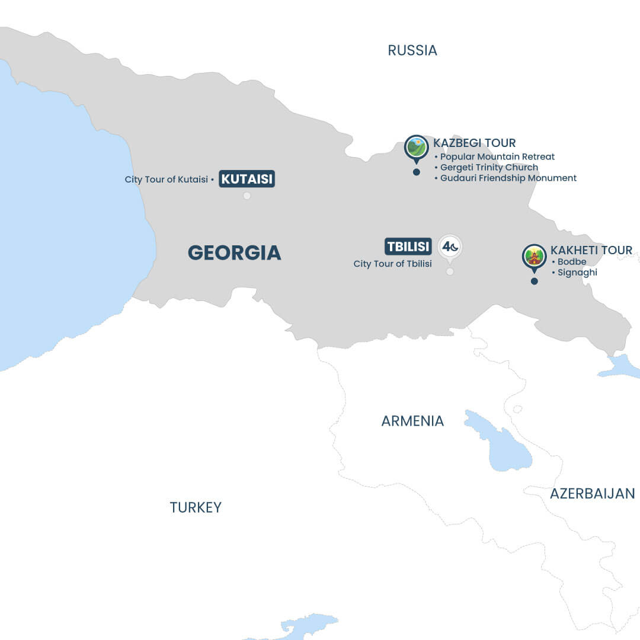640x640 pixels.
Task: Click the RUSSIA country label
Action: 412,50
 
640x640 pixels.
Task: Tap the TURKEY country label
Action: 196,507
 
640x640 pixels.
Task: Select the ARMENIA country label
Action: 412,421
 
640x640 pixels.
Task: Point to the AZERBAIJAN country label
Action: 592,494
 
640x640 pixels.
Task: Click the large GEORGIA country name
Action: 234,252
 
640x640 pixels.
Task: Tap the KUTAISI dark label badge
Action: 247,179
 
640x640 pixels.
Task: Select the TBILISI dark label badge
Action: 408,246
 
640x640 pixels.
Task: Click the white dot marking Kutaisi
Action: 247,196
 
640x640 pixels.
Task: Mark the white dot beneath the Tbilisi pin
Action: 450,271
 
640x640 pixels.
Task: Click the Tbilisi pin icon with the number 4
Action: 450,247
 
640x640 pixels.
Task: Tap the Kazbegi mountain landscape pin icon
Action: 417,147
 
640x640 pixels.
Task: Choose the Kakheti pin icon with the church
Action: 534,257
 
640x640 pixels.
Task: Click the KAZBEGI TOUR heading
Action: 474,143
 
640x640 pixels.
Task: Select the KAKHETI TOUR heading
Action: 591,250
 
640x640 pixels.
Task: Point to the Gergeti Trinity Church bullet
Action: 489,167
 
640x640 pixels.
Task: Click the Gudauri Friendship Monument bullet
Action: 508,178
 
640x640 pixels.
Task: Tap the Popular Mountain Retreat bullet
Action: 497,156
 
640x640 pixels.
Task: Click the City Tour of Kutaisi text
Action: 167,179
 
